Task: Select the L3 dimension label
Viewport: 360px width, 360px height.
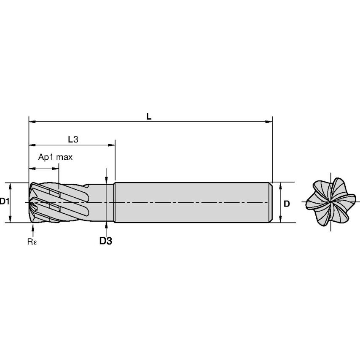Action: (x=73, y=139)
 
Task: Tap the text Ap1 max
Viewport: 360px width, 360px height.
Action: (x=56, y=157)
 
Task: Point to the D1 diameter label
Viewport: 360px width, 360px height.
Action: (x=5, y=201)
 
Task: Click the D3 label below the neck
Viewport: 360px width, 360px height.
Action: (x=106, y=241)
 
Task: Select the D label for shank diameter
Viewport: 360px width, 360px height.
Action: (x=287, y=204)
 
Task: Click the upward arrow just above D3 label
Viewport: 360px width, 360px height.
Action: (x=107, y=226)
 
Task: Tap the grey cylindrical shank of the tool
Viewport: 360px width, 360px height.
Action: (x=190, y=202)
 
